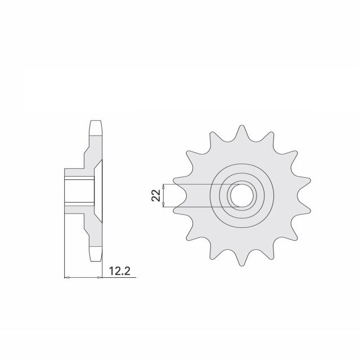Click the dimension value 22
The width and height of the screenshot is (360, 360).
pyautogui.click(x=157, y=196)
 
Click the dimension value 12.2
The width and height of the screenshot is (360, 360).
pyautogui.click(x=119, y=272)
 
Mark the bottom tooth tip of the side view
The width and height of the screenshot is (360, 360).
pyautogui.click(x=96, y=259)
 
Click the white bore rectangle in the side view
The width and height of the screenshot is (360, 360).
pyautogui.click(x=79, y=191)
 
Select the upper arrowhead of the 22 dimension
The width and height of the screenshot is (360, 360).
pyautogui.click(x=164, y=186)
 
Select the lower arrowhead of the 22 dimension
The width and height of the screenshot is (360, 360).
pyautogui.click(x=164, y=206)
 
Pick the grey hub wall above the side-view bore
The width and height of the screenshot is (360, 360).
pyautogui.click(x=79, y=172)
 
